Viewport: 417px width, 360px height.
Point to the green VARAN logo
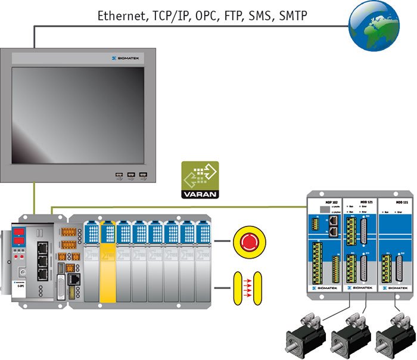pyautogui.click(x=200, y=179)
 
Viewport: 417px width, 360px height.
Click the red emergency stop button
pyautogui.click(x=248, y=241)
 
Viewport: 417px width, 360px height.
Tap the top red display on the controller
pyautogui.click(x=18, y=231)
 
